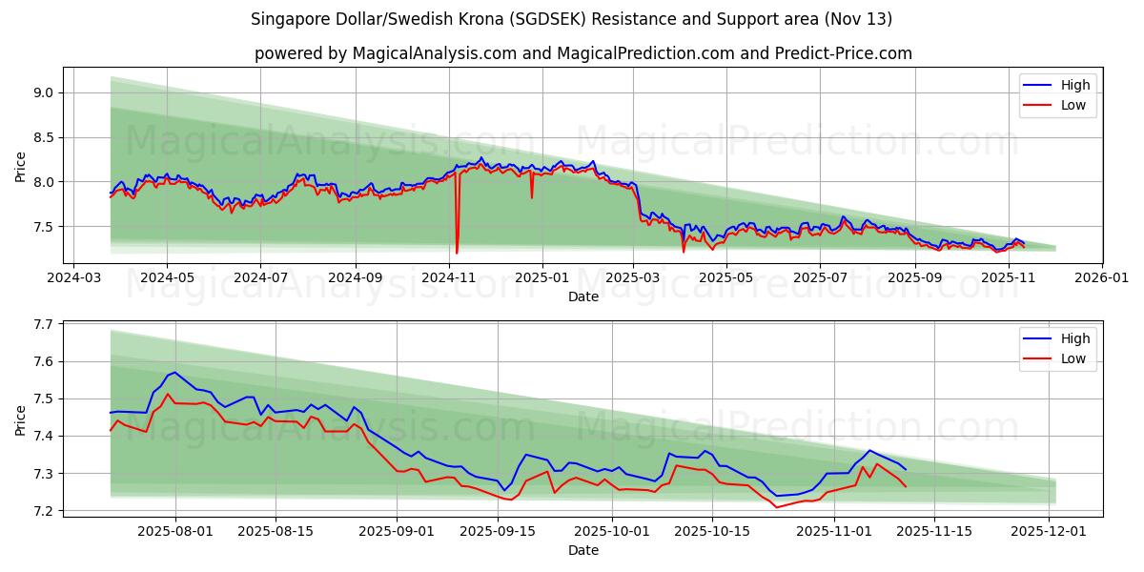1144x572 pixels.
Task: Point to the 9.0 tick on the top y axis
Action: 44,93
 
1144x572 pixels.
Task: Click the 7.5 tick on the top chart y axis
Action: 44,227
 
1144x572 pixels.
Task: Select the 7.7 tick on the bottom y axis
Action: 44,325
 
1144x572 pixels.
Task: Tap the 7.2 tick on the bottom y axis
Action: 44,512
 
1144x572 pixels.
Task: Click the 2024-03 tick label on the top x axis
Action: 73,277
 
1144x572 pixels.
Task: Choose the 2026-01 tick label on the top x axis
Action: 1102,277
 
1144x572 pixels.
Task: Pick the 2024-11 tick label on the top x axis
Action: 448,277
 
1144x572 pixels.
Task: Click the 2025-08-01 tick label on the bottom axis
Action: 175,530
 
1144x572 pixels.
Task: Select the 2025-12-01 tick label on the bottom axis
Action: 1050,530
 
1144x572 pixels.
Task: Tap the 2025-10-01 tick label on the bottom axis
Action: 612,530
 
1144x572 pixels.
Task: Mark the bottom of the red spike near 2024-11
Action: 457,253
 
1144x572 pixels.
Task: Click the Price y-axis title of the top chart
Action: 21,167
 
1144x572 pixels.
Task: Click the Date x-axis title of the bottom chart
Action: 582,550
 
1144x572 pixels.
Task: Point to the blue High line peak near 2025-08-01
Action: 174,372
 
